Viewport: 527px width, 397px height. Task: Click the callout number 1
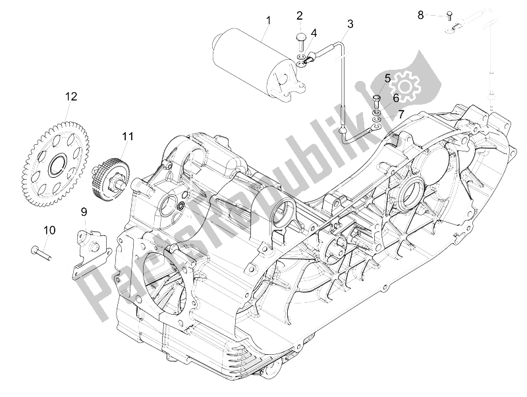click(x=268, y=21)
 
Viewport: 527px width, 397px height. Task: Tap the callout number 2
click(x=299, y=16)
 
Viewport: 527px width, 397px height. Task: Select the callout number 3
click(x=350, y=24)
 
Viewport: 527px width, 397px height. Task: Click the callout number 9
click(x=84, y=211)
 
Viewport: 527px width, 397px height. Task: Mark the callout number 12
click(x=70, y=97)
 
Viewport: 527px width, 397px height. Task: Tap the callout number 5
click(x=387, y=78)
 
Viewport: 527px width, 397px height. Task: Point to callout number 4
click(x=314, y=32)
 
